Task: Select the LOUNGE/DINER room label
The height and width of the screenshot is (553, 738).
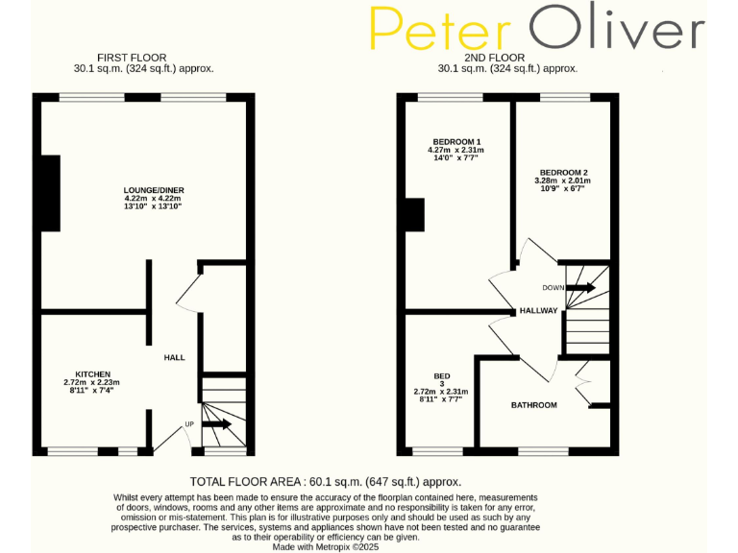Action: tap(153, 189)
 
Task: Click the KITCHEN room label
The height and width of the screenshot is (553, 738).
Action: tap(93, 373)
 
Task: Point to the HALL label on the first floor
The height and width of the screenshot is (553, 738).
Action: tap(174, 357)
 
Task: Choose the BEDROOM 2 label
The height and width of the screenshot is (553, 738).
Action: tap(562, 172)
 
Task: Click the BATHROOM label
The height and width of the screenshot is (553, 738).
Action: tap(533, 405)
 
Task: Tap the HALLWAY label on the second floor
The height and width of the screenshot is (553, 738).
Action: tap(538, 311)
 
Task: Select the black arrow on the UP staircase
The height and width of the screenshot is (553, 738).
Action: tap(218, 423)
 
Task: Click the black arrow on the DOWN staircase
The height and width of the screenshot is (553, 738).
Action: tap(582, 287)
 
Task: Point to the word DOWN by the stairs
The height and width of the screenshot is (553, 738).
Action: tap(553, 287)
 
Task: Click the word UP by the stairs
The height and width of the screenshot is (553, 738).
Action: tap(189, 423)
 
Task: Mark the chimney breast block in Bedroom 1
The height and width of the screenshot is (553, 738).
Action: tap(414, 215)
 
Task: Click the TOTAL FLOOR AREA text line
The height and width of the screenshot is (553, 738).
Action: tap(326, 481)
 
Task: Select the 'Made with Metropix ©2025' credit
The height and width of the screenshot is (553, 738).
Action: tap(327, 547)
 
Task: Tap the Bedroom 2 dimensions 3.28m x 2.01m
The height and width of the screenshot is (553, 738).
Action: tap(562, 180)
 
